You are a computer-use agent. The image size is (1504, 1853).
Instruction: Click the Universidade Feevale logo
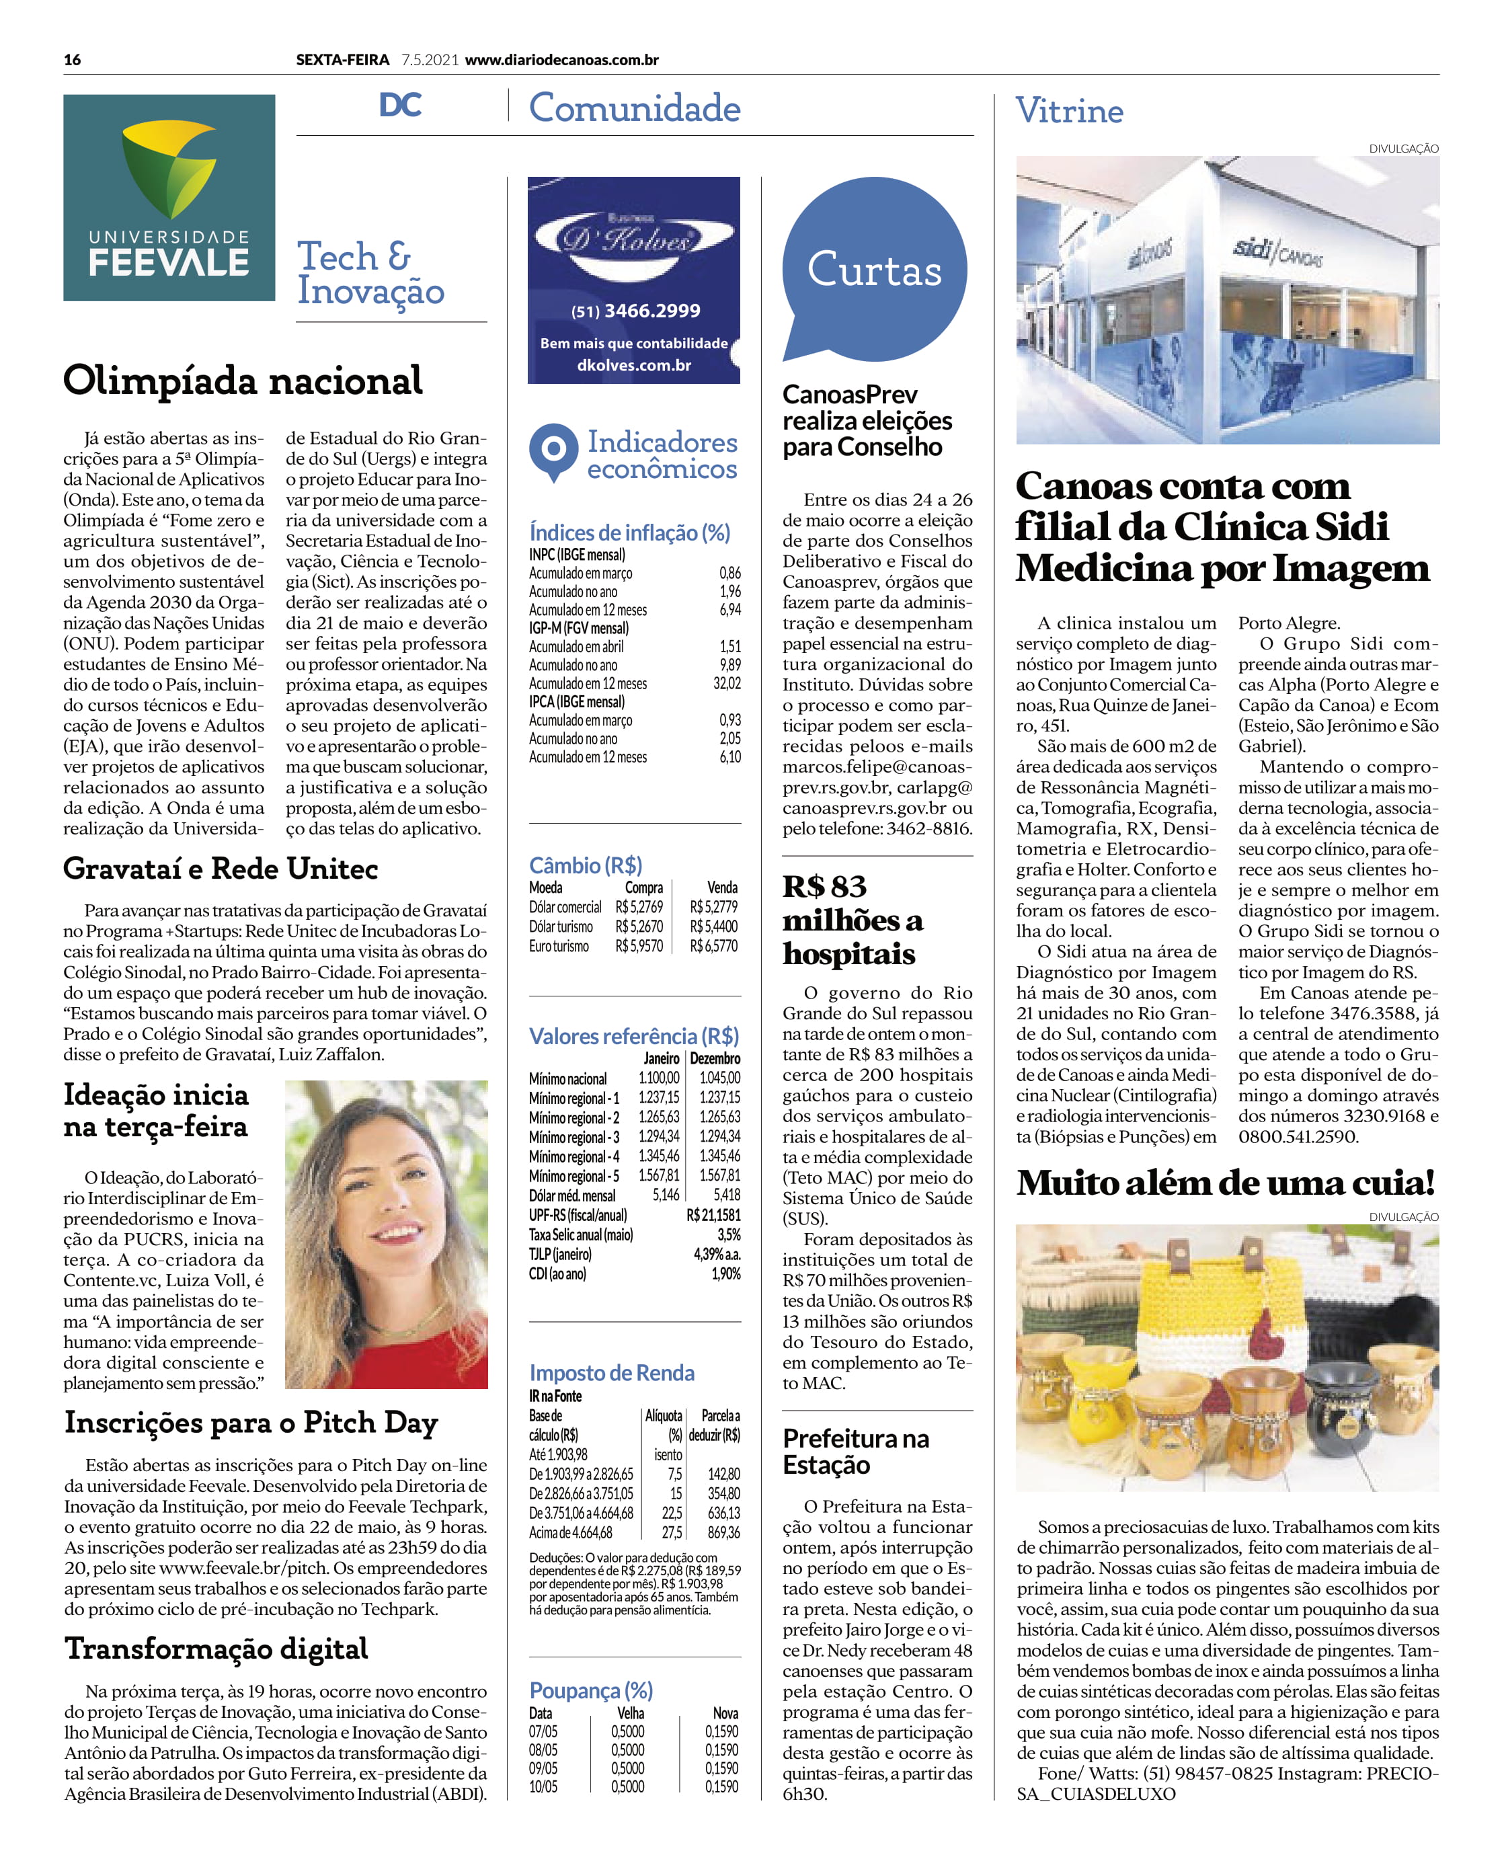tap(169, 198)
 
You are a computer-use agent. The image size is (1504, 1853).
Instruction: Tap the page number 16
tap(72, 60)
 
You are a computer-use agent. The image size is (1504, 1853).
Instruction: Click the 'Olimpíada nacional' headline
tap(243, 381)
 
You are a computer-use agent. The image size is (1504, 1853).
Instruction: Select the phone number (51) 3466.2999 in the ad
tap(635, 311)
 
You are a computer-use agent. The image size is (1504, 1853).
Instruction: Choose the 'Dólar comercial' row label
tap(565, 907)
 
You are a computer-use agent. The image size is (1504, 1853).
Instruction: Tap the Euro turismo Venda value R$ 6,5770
tap(713, 946)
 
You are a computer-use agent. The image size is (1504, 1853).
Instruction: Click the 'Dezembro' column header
tap(714, 1058)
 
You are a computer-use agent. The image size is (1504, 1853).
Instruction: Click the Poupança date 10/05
tap(543, 1786)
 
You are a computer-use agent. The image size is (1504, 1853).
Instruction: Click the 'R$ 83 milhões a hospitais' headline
tap(852, 920)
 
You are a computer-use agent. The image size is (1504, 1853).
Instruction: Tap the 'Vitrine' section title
tap(1069, 111)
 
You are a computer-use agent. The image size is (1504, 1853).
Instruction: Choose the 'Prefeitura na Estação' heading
tap(855, 1451)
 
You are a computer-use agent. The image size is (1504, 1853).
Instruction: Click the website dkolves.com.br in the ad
tap(634, 366)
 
